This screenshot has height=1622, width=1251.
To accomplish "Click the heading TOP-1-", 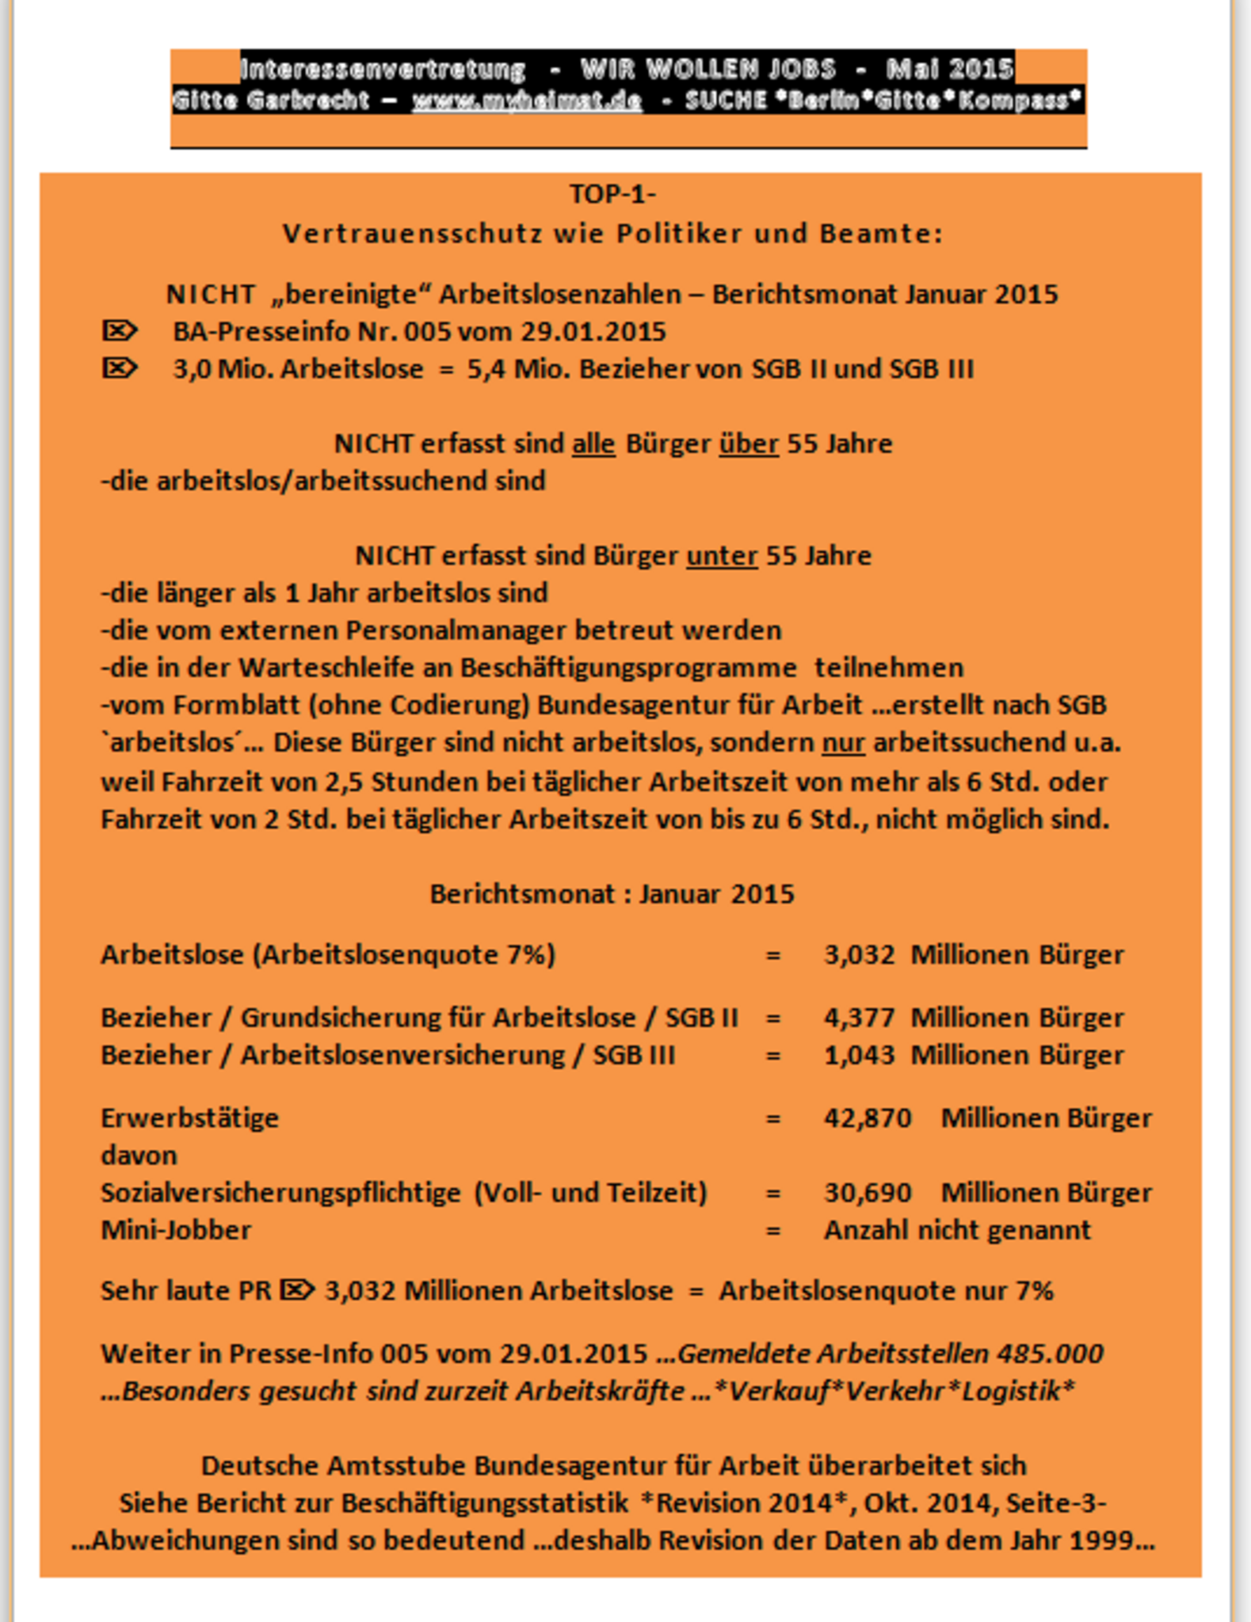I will [612, 194].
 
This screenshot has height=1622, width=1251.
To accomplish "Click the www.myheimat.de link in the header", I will [526, 101].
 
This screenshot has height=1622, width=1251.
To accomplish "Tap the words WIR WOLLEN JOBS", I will [708, 70].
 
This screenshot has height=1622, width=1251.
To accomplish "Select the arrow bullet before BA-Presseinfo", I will [120, 330].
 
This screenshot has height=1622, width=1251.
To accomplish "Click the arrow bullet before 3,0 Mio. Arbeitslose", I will [120, 367].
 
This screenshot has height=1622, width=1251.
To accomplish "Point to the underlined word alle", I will [593, 444].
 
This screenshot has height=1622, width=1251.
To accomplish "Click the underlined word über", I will [749, 444].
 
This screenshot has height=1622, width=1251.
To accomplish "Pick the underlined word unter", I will [722, 555].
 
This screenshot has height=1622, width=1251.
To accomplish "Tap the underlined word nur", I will [843, 743].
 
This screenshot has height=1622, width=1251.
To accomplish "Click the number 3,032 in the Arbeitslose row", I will [860, 954].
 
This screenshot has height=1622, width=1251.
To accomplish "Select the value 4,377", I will [860, 1017].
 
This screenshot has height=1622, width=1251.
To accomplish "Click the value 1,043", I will [860, 1055].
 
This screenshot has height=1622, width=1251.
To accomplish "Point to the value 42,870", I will [868, 1118].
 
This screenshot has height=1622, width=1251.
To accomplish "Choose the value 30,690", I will [868, 1192].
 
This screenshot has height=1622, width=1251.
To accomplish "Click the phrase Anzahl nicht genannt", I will [957, 1230].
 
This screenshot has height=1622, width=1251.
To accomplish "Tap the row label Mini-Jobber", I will [176, 1230].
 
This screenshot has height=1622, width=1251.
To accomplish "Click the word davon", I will [139, 1155].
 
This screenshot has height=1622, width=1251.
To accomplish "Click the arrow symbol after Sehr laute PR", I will [298, 1290].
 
